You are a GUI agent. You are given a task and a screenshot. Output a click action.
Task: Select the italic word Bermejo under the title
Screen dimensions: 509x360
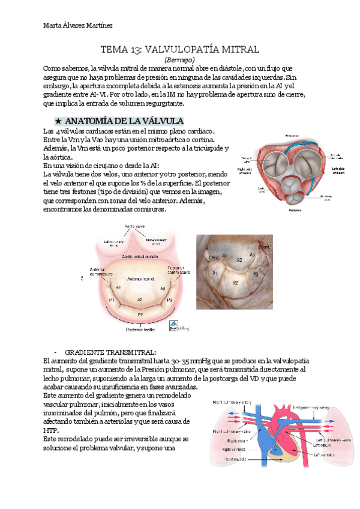coord(179,60)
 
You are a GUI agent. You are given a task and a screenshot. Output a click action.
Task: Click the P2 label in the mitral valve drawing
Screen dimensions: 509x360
coord(140,314)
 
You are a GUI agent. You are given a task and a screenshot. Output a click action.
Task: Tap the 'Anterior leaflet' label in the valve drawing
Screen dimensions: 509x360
coord(142,279)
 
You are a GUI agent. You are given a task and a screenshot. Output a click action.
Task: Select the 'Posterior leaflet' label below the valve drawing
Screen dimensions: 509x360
coord(140,330)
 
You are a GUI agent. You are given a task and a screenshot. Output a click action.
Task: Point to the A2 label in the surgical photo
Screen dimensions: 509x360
coord(238,259)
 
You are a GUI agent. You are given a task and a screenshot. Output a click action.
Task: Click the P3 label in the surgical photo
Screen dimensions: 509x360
coord(254,274)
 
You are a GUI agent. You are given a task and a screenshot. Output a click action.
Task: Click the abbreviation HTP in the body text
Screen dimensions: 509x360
coord(52,430)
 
